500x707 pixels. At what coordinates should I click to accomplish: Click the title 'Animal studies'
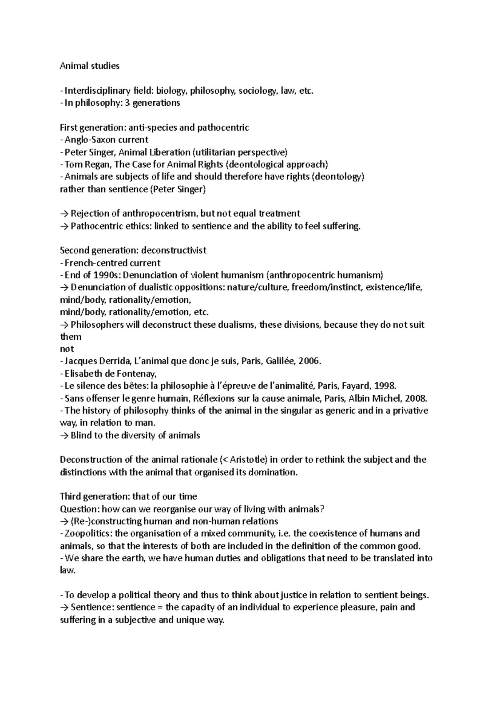pos(90,66)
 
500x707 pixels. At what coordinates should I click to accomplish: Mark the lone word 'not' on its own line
pos(67,349)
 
